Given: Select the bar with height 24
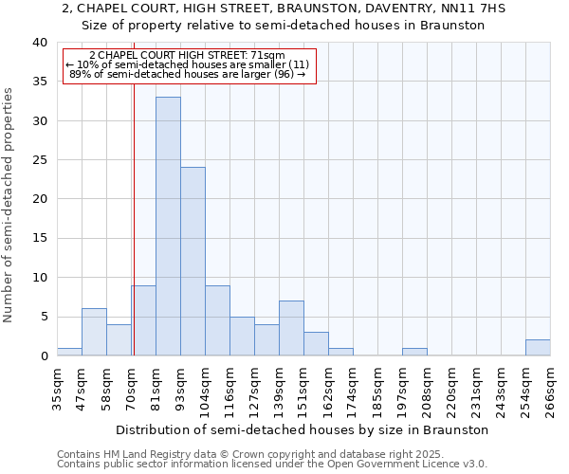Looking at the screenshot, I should pos(193,261).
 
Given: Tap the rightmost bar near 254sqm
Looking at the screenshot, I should pos(538,348).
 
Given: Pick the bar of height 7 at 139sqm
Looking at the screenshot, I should pos(291,328).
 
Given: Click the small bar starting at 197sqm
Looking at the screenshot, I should pos(414,352).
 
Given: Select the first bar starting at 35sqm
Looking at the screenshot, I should pos(69,352).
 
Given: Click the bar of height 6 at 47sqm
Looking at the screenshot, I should pos(94,332).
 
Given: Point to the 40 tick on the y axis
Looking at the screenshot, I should pos(39,43).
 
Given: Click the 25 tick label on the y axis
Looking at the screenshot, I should pos(39,160).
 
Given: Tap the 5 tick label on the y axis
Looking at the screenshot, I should pos(43,317).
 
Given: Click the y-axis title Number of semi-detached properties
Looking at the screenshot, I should pos(9,204).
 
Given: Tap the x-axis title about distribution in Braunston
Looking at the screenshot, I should pos(303,429).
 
